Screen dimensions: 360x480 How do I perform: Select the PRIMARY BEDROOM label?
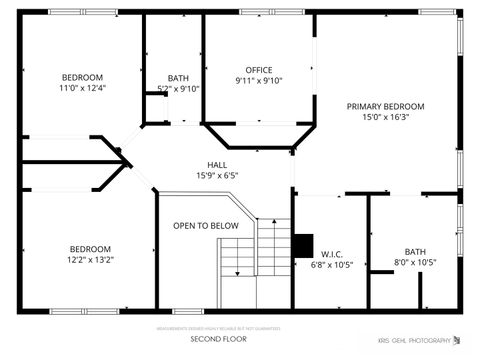(385, 106)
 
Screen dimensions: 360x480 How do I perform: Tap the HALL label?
(217, 164)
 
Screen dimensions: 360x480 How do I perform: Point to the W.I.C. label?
(332, 254)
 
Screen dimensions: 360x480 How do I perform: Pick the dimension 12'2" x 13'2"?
(90, 260)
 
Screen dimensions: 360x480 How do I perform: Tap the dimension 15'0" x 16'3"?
(385, 117)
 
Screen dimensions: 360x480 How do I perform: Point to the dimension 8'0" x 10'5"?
(414, 262)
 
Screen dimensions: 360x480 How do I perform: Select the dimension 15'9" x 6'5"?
(217, 175)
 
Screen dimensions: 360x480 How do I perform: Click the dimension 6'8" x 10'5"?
(332, 265)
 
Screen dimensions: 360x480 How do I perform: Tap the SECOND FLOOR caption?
(219, 339)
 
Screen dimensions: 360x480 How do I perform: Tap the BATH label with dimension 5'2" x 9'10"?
(178, 78)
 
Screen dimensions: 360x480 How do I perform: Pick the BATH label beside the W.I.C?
(414, 251)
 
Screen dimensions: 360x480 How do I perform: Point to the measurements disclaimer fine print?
(219, 328)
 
